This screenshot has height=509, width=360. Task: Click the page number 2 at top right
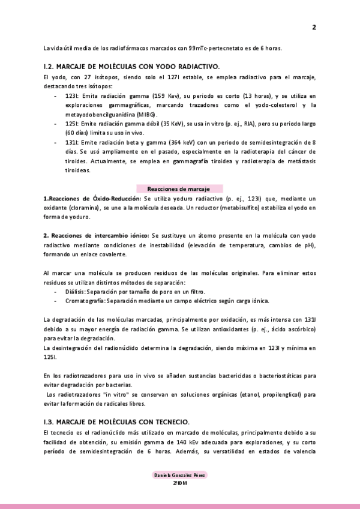[x=314, y=27]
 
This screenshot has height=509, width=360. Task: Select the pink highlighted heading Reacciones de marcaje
[x=180, y=188]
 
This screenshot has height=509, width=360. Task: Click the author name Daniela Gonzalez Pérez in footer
[x=180, y=475]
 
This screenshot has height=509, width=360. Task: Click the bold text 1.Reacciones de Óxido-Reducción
[x=92, y=198]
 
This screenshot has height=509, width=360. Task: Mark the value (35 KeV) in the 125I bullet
[x=176, y=122]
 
